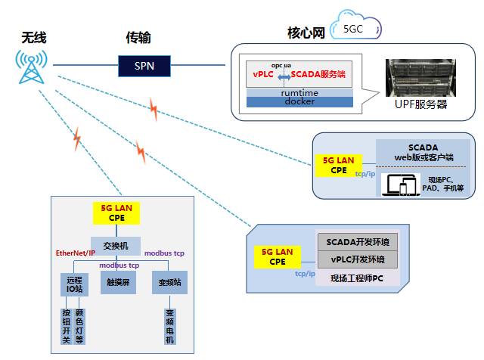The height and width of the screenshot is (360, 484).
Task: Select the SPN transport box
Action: click(144, 66)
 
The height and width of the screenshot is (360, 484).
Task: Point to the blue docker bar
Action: click(299, 101)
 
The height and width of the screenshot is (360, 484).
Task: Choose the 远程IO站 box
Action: click(73, 284)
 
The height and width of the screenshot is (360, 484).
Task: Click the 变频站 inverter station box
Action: click(169, 284)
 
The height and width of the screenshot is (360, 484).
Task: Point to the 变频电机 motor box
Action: click(169, 326)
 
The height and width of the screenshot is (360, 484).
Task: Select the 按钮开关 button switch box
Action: click(67, 326)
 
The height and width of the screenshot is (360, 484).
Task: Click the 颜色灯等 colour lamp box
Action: click(80, 326)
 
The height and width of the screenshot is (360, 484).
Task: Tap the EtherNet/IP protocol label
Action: click(75, 253)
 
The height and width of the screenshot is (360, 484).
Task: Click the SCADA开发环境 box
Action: click(357, 242)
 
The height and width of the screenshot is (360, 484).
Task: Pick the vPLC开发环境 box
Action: click(357, 259)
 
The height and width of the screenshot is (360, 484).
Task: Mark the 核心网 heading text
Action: click(306, 33)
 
